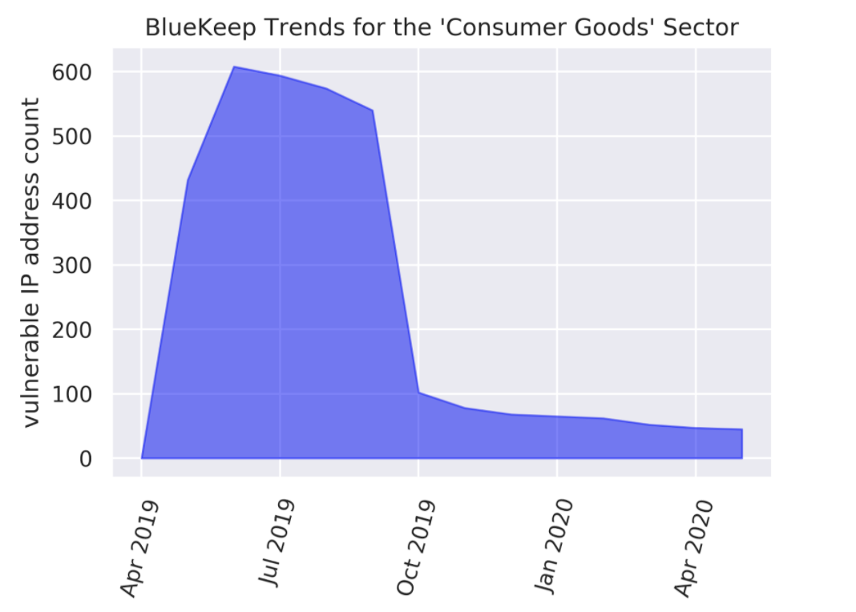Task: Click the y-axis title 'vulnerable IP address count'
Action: [x=30, y=263]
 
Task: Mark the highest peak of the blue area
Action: [x=234, y=67]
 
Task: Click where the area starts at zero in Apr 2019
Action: [x=142, y=458]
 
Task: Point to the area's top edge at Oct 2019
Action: [x=418, y=393]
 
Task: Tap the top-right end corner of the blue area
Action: [x=741, y=430]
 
